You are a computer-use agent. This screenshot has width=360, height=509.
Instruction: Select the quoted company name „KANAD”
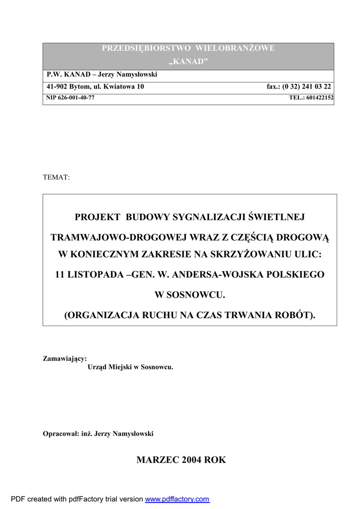pos(188,61)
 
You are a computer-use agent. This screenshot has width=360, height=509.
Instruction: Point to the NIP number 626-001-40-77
pos(76,98)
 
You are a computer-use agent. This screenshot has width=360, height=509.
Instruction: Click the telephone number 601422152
pos(320,98)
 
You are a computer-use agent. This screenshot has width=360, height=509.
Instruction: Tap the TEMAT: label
pos(56,177)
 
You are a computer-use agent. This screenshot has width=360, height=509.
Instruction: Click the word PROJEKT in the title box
pos(97,217)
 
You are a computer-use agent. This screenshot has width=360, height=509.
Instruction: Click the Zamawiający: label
pos(65,358)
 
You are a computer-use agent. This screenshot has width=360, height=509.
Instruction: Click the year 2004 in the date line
pos(191,460)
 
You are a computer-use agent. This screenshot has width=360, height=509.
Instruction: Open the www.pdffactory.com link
pos(177,499)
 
